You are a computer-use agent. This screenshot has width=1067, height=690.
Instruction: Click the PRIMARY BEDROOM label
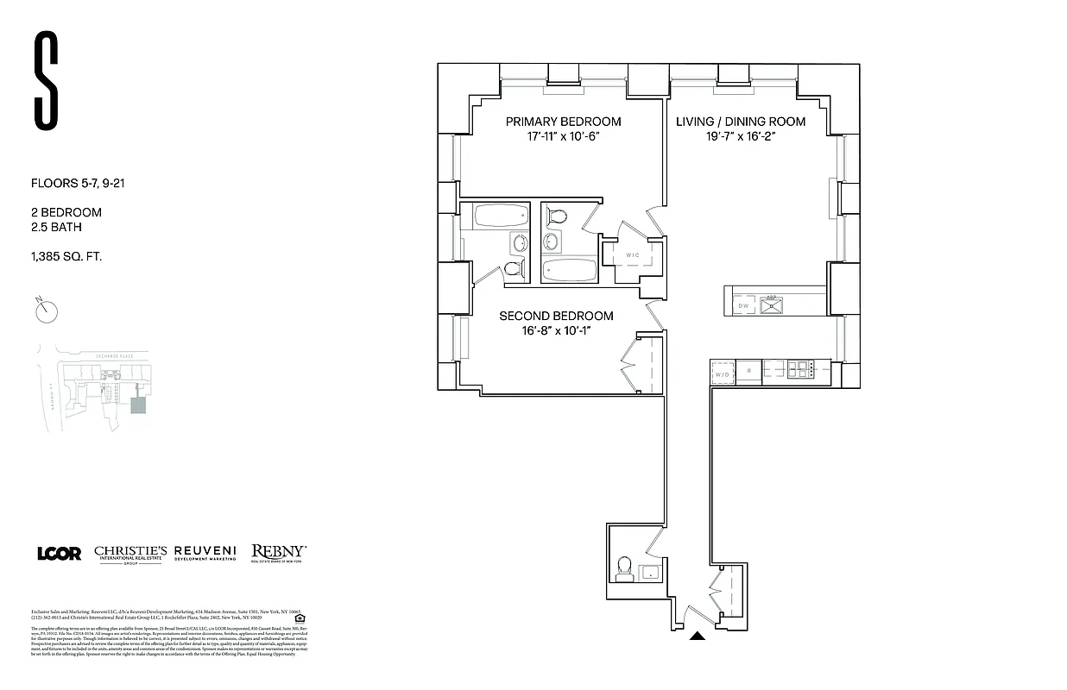point(563,122)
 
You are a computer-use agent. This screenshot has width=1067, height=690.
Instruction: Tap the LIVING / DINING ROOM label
point(740,122)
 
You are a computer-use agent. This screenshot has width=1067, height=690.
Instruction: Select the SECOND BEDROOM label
point(556,316)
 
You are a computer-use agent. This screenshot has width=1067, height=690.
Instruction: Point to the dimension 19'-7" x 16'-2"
point(740,136)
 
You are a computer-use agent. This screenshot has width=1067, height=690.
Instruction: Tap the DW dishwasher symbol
point(742,305)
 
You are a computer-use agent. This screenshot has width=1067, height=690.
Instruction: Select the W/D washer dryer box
point(722,373)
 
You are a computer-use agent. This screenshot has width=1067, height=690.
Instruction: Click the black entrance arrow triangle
point(698,637)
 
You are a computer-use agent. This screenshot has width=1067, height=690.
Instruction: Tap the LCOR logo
point(59,554)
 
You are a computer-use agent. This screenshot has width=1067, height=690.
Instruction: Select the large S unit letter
point(47,79)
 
